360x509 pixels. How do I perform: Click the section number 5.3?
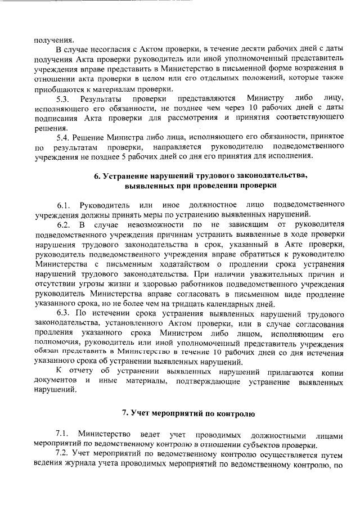click(x=64, y=99)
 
